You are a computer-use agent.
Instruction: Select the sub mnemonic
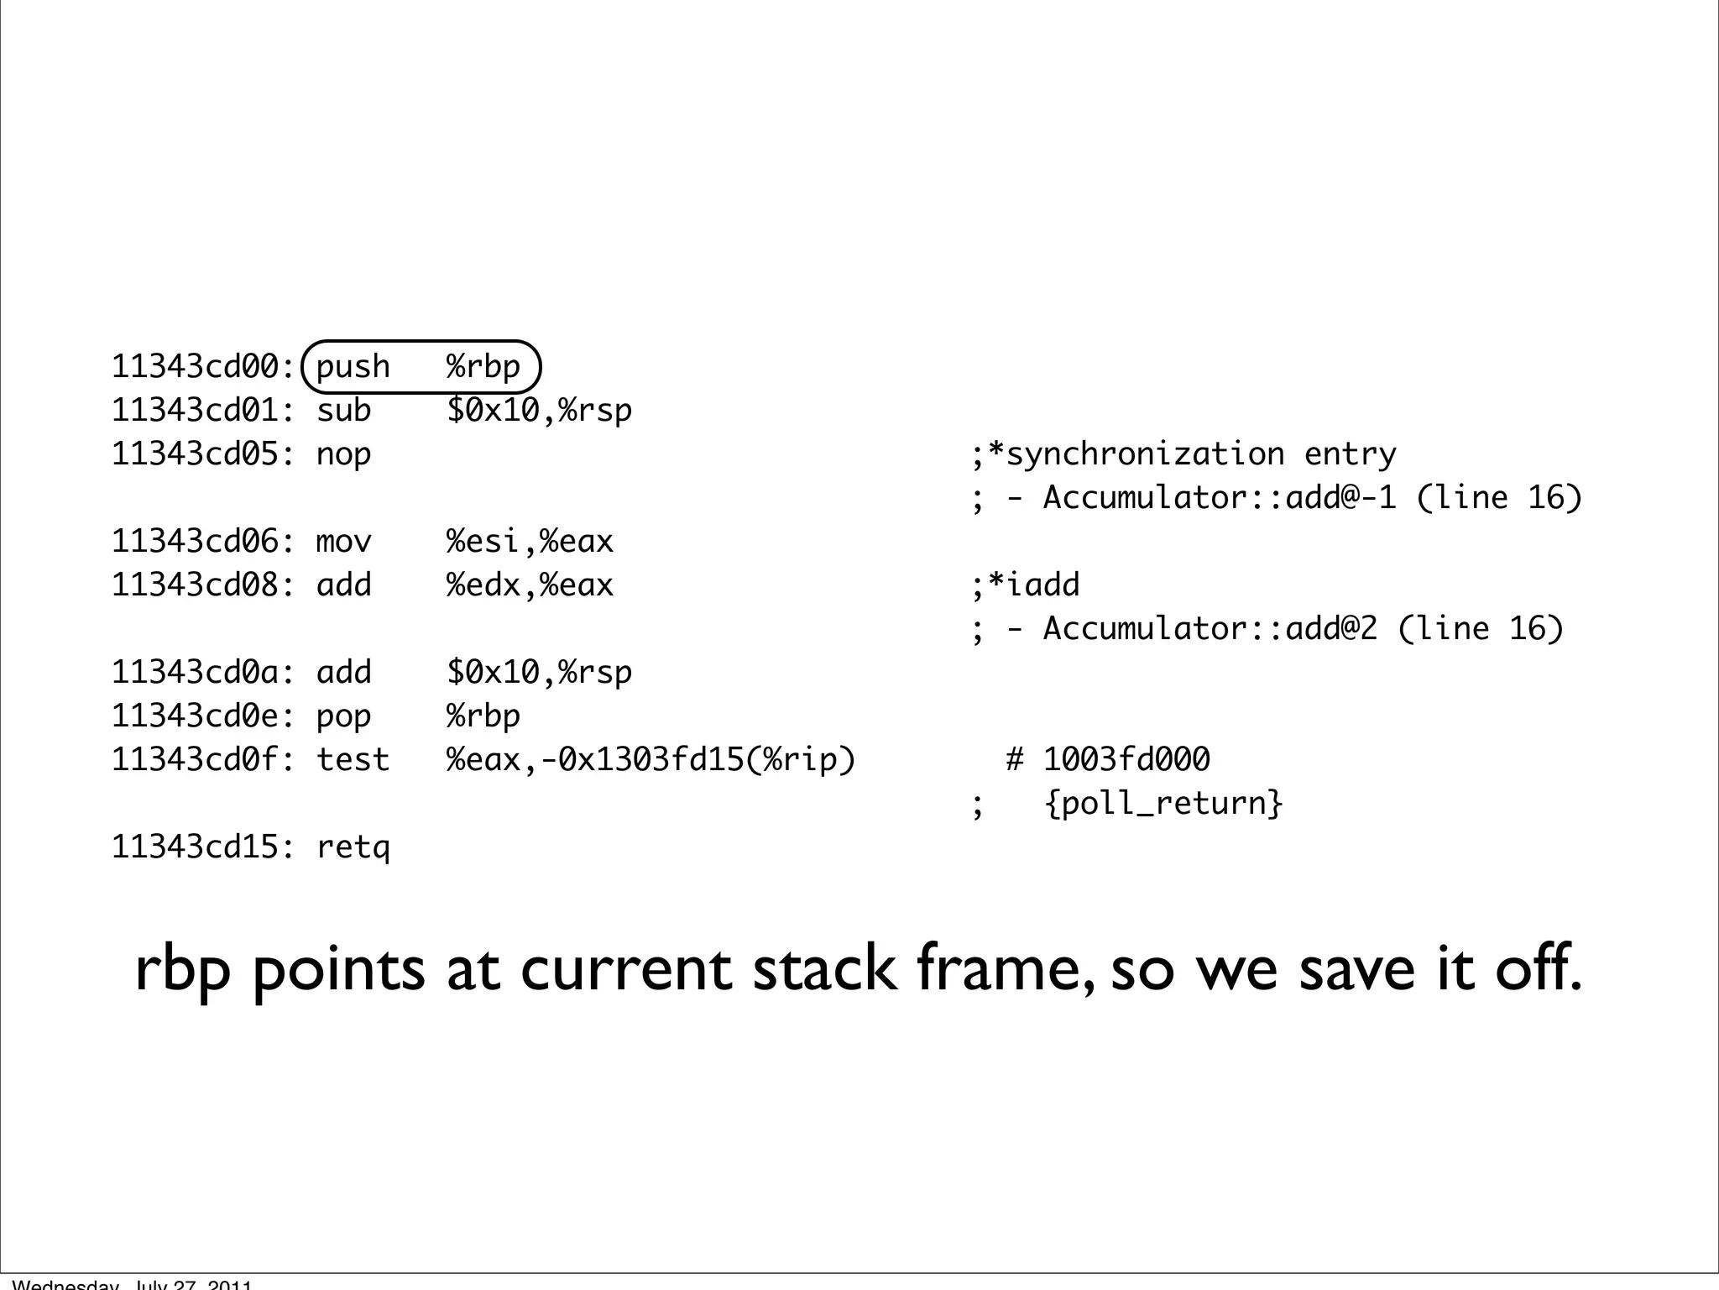pos(343,411)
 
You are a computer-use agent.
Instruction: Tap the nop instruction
pos(343,454)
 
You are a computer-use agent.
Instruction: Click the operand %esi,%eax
pos(530,542)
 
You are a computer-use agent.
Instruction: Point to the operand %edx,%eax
pos(530,585)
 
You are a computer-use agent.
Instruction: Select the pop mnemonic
pos(343,716)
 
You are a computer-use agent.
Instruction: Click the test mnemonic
pos(353,760)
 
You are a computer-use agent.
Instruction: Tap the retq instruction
pos(353,847)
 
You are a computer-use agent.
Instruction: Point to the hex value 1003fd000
pos(1126,760)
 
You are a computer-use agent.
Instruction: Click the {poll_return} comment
pos(1163,804)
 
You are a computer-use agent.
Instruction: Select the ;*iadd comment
pos(1026,585)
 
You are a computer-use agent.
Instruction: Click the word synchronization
pos(1145,454)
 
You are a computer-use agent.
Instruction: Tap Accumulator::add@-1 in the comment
pos(1219,498)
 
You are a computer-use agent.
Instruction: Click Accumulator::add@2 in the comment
pos(1210,629)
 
